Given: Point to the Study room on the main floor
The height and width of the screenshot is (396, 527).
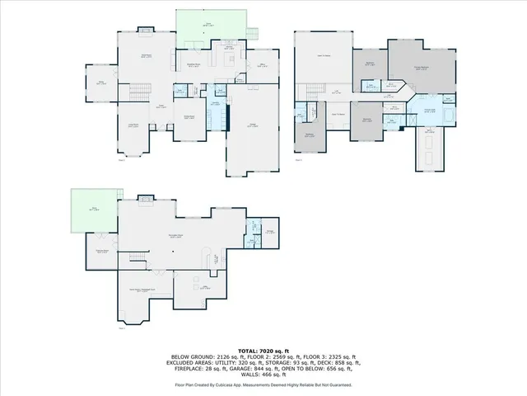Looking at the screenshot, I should [x=102, y=83].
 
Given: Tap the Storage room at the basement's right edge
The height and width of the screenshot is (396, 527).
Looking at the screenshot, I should [x=270, y=232].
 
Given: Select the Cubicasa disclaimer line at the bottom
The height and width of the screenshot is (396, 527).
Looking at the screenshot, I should [x=263, y=384].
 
